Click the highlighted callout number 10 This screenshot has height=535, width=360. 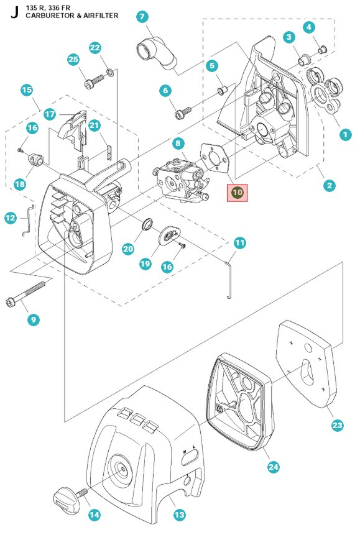click(237, 193)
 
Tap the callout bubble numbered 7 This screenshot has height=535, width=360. click(142, 16)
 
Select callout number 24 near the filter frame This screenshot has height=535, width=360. click(273, 467)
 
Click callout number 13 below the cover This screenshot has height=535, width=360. click(179, 514)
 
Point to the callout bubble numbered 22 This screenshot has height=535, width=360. click(95, 47)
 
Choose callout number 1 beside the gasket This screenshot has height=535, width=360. click(345, 134)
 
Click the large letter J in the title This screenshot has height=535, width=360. click(14, 12)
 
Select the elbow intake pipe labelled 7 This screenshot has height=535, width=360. click(157, 53)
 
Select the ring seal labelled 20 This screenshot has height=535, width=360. click(147, 224)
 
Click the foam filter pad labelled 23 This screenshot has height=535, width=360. click(306, 364)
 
